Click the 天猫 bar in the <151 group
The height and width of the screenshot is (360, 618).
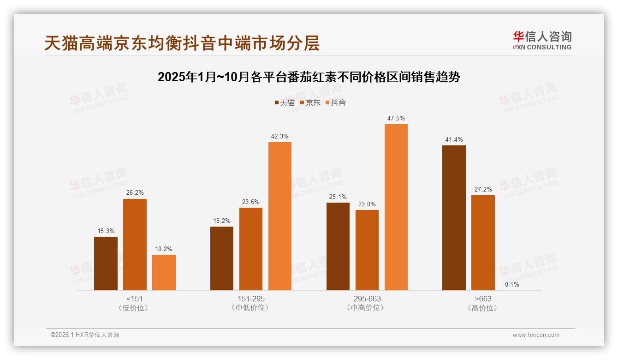tap(106, 264)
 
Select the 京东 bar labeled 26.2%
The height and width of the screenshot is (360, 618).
tap(135, 245)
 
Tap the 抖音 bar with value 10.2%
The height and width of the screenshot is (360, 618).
tap(164, 272)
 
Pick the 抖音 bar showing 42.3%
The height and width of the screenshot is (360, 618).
tap(280, 216)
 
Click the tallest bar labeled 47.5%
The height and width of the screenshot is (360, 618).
tap(396, 207)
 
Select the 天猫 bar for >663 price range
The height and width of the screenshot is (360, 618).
tap(454, 218)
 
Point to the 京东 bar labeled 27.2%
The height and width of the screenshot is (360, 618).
tap(483, 243)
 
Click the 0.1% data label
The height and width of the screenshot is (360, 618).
tap(512, 284)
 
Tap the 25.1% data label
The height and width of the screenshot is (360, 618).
tap(338, 197)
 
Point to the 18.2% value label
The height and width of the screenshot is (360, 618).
tap(222, 221)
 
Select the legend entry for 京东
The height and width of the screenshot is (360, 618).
tap(310, 102)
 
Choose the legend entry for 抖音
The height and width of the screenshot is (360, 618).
tap(336, 102)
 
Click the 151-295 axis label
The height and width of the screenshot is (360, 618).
tap(251, 299)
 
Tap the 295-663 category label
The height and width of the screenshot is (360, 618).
tap(367, 299)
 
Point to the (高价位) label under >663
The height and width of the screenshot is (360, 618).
tap(483, 308)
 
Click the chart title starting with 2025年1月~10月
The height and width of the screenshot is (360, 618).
tap(309, 77)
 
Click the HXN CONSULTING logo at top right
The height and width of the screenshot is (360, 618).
tap(542, 40)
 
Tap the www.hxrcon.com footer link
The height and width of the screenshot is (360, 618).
tap(536, 335)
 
